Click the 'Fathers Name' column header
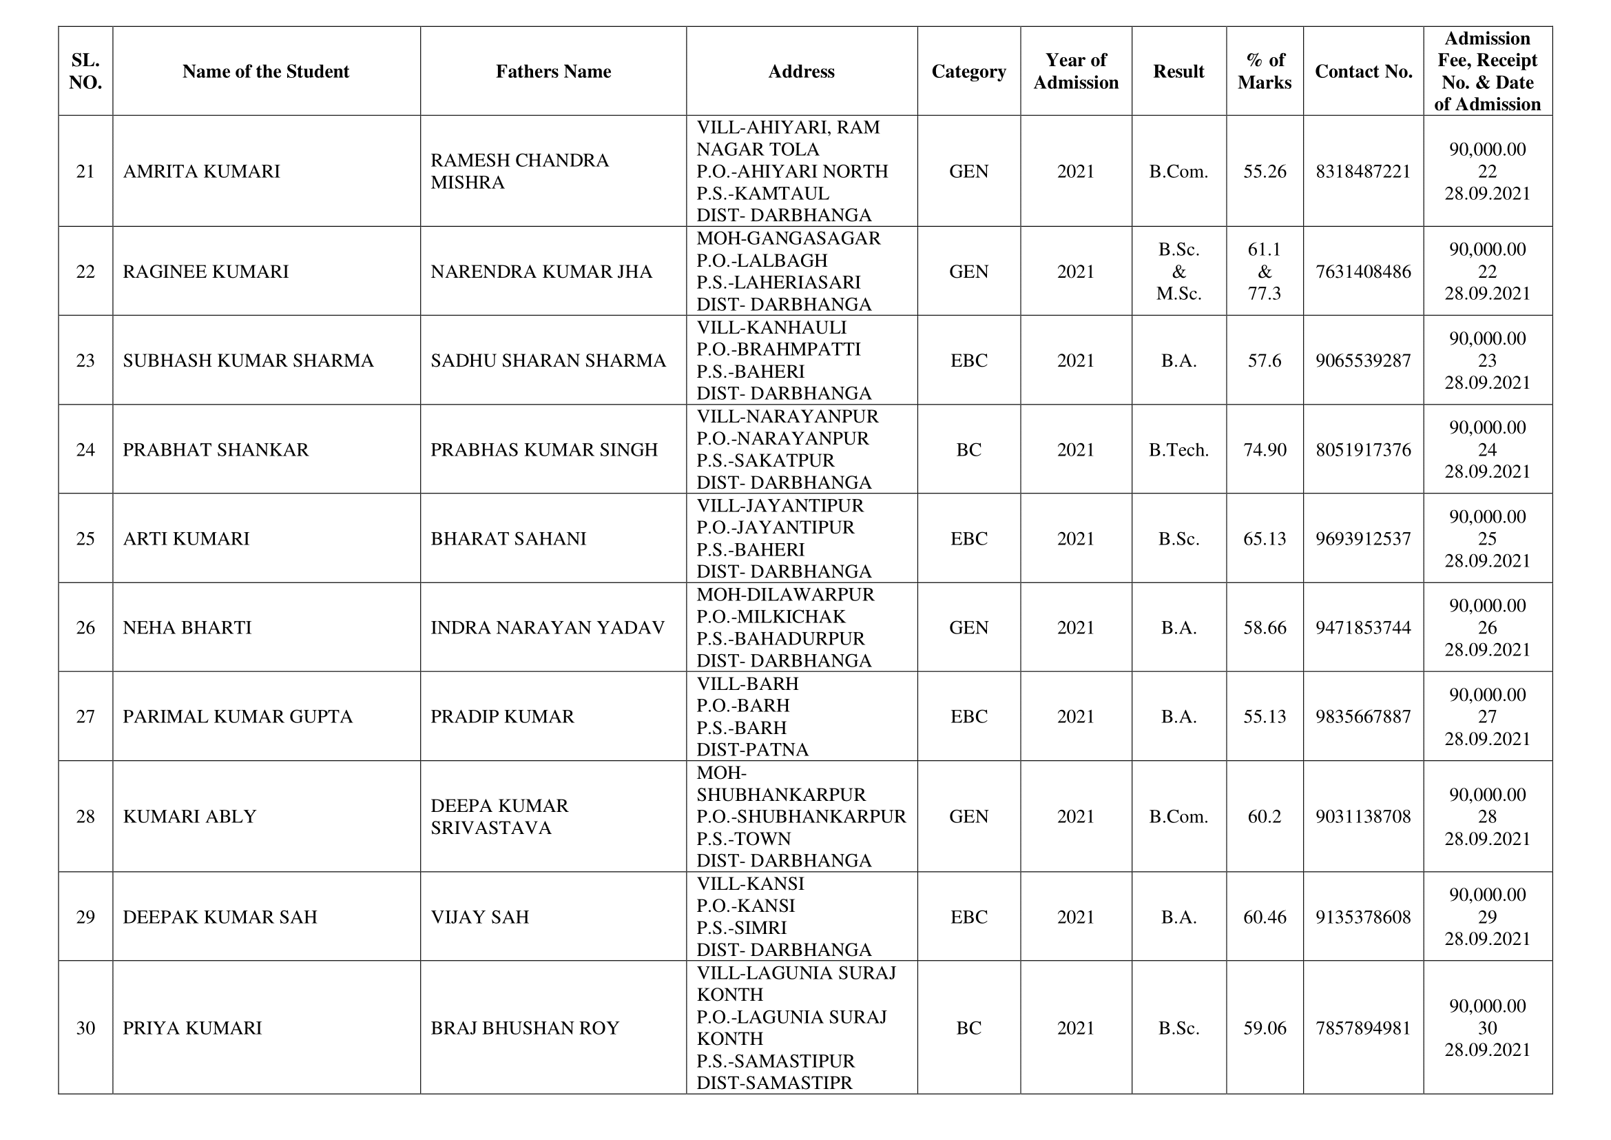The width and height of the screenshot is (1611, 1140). click(x=553, y=72)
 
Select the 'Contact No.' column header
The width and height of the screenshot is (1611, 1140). click(x=1362, y=72)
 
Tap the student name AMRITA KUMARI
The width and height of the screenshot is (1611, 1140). click(x=201, y=172)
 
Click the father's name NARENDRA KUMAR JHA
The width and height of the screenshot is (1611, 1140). click(x=541, y=272)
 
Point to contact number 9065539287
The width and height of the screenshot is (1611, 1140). click(x=1362, y=360)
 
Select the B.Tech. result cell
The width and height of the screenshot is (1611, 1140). click(x=1178, y=450)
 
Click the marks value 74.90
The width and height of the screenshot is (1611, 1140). click(x=1265, y=450)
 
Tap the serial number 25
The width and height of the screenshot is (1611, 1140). click(x=85, y=538)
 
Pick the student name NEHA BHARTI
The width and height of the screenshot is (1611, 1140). click(x=187, y=628)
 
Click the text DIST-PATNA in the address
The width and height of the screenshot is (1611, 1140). click(x=752, y=750)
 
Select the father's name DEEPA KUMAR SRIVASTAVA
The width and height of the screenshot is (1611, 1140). click(x=499, y=816)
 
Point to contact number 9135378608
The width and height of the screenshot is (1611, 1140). click(x=1362, y=917)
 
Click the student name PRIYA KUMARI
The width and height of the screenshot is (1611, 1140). click(x=192, y=1028)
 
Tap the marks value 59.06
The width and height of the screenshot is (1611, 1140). click(x=1265, y=1028)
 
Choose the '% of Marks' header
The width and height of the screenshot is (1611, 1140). click(x=1265, y=72)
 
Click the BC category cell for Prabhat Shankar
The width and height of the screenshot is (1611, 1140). click(x=968, y=450)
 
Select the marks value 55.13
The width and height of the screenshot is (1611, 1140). click(x=1265, y=717)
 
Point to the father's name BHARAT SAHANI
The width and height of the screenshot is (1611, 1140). click(x=508, y=538)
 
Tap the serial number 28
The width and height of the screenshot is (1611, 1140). click(x=85, y=816)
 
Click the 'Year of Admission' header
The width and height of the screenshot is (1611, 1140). click(x=1076, y=72)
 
